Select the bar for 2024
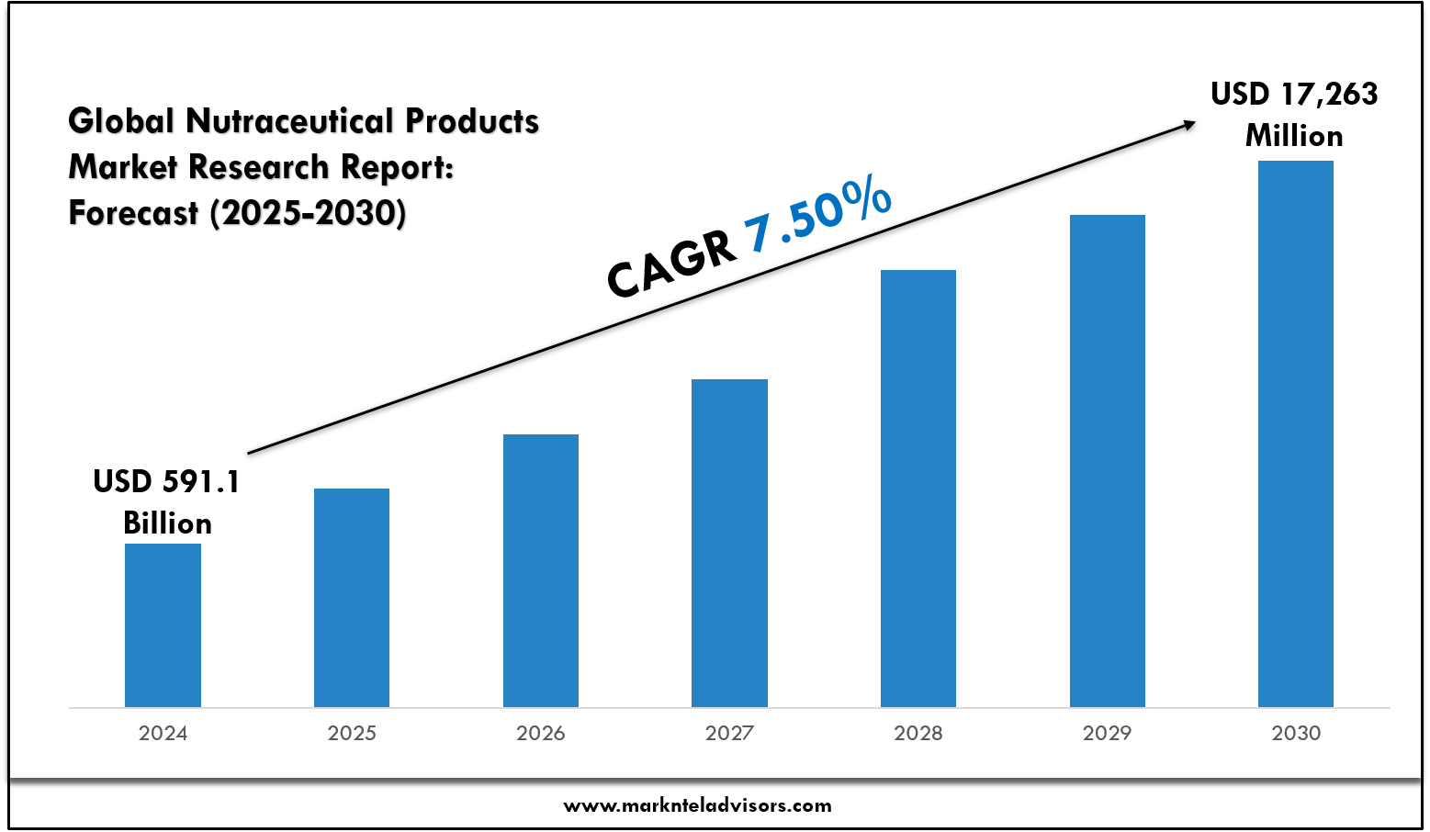click(163, 625)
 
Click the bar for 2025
click(352, 598)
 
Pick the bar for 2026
click(541, 570)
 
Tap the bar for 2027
click(729, 543)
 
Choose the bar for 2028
click(918, 489)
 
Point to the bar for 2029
click(1108, 461)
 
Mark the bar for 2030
click(1296, 433)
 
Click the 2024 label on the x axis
click(163, 733)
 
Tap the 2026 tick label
click(541, 733)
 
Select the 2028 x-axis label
click(918, 733)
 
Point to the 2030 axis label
click(1296, 733)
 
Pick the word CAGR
click(671, 264)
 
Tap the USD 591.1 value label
click(166, 481)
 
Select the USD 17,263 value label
click(1294, 94)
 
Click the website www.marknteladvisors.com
click(697, 805)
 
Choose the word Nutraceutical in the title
click(290, 120)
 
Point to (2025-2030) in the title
click(308, 212)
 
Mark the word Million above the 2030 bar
click(1294, 136)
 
